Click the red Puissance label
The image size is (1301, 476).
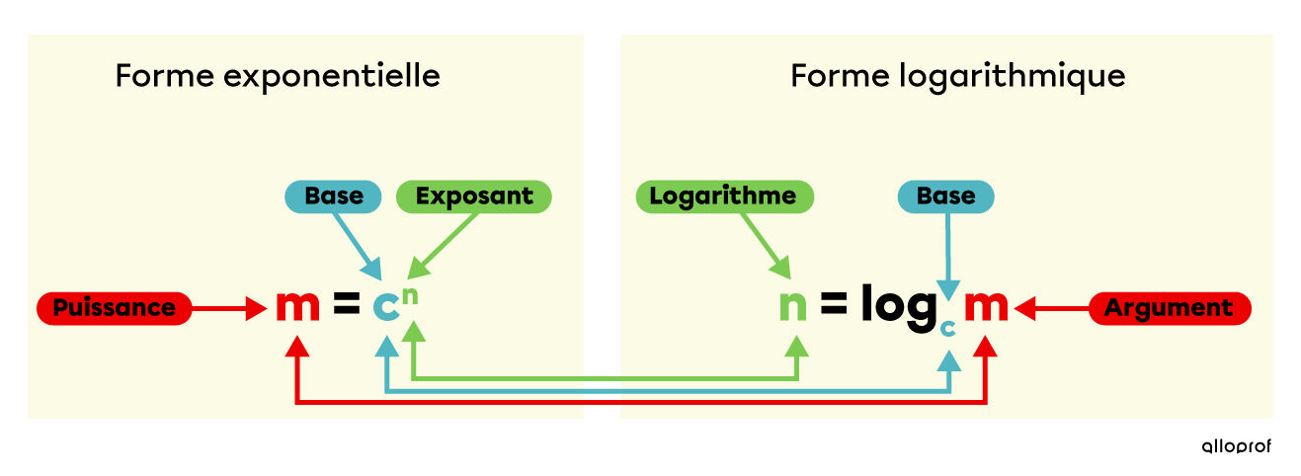coord(114,308)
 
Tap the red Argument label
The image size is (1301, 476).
coord(1170,308)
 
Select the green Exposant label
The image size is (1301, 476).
coord(474,197)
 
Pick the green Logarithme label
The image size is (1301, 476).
coord(724,197)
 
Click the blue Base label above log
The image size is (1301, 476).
coord(946,197)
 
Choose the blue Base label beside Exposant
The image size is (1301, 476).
coord(333,197)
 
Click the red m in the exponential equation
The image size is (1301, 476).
coord(298,306)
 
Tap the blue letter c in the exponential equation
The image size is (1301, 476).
coord(385,306)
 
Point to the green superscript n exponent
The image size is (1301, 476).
coord(410,295)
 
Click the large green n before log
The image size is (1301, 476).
coord(793,306)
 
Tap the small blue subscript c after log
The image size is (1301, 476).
coord(948,329)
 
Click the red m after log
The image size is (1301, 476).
coord(986,306)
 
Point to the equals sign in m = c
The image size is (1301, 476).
coord(347,303)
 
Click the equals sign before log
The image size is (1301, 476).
coord(834,303)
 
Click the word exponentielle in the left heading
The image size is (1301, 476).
coord(332,77)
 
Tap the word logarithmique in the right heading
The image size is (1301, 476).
coord(1013,77)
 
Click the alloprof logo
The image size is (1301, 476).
coord(1237,445)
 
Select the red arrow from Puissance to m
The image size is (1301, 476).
coord(229,308)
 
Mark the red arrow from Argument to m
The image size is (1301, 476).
coord(1052,308)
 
